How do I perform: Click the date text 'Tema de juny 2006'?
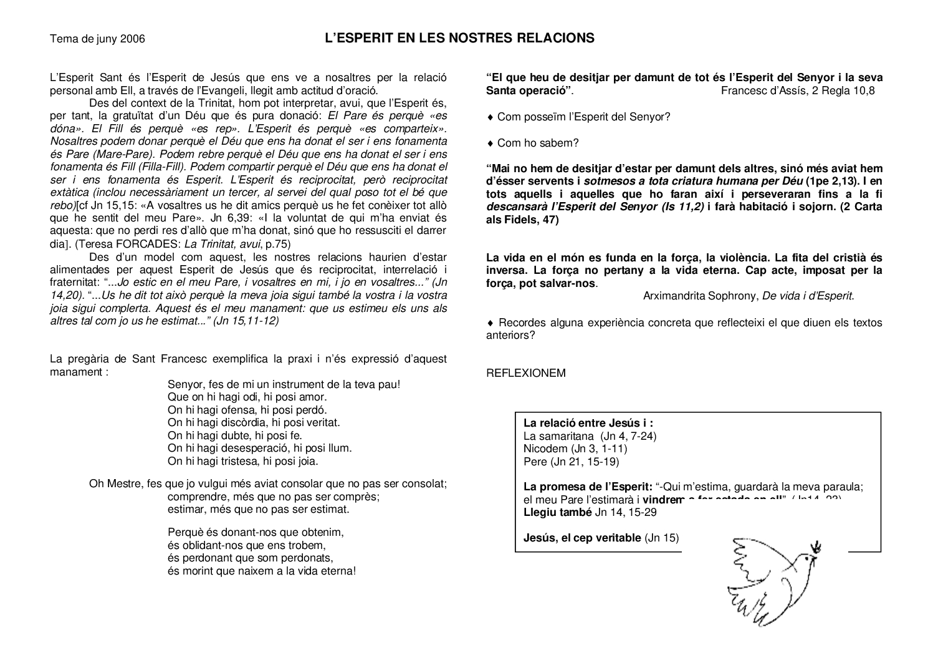(x=97, y=39)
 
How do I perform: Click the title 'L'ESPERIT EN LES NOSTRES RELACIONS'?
(x=459, y=38)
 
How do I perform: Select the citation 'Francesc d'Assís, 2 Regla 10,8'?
(x=797, y=90)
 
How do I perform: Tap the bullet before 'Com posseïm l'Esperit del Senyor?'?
(x=490, y=117)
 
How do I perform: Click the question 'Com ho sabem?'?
(x=538, y=143)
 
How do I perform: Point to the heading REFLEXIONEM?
(x=525, y=373)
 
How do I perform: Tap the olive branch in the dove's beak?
(x=815, y=547)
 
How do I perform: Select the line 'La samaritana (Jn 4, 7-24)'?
(x=590, y=436)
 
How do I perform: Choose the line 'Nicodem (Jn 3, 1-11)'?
(x=575, y=449)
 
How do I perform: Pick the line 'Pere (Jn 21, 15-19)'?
(x=571, y=462)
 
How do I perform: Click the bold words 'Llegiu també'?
(x=557, y=512)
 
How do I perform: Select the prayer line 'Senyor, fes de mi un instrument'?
(x=284, y=384)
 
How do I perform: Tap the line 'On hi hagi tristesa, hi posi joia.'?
(x=242, y=462)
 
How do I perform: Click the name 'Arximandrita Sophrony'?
(x=701, y=296)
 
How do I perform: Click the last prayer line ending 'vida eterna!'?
(x=262, y=571)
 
